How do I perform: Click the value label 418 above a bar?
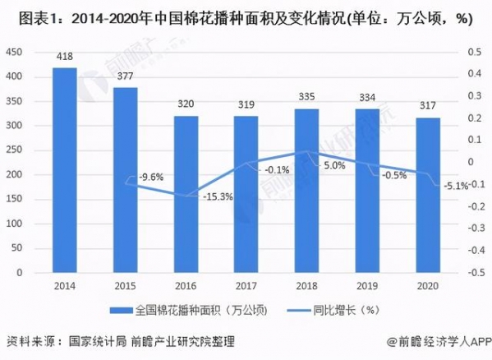(65, 57)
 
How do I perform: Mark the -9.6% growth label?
(149, 177)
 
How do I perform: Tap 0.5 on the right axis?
(474, 53)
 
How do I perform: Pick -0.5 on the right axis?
(472, 272)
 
